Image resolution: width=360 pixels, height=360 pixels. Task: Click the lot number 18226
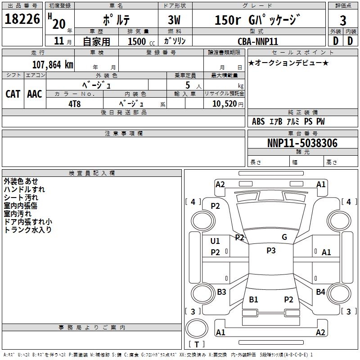22,19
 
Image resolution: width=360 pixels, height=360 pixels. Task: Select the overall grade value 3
343,20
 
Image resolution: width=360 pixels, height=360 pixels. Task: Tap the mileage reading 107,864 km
53,65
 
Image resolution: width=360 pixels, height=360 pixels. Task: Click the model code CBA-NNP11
258,41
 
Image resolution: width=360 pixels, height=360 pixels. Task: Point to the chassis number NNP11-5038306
302,143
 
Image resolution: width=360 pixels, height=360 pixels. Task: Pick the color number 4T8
74,104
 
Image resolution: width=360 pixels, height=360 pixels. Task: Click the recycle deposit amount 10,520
224,104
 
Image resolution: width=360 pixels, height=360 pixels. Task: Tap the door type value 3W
174,20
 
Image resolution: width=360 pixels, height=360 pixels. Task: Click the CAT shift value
13,94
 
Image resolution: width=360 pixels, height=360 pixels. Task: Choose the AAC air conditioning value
35,94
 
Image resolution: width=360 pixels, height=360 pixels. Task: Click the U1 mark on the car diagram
215,241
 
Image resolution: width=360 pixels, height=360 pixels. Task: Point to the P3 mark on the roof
271,251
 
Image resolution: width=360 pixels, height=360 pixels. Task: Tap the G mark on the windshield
284,237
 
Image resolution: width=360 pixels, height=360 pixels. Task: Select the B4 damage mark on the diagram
320,292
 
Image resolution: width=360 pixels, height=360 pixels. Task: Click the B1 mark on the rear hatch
253,299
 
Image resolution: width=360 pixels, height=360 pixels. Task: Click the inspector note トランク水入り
27,230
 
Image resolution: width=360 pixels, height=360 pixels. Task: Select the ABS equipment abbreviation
258,121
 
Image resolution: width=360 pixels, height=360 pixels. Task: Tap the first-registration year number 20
59,24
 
